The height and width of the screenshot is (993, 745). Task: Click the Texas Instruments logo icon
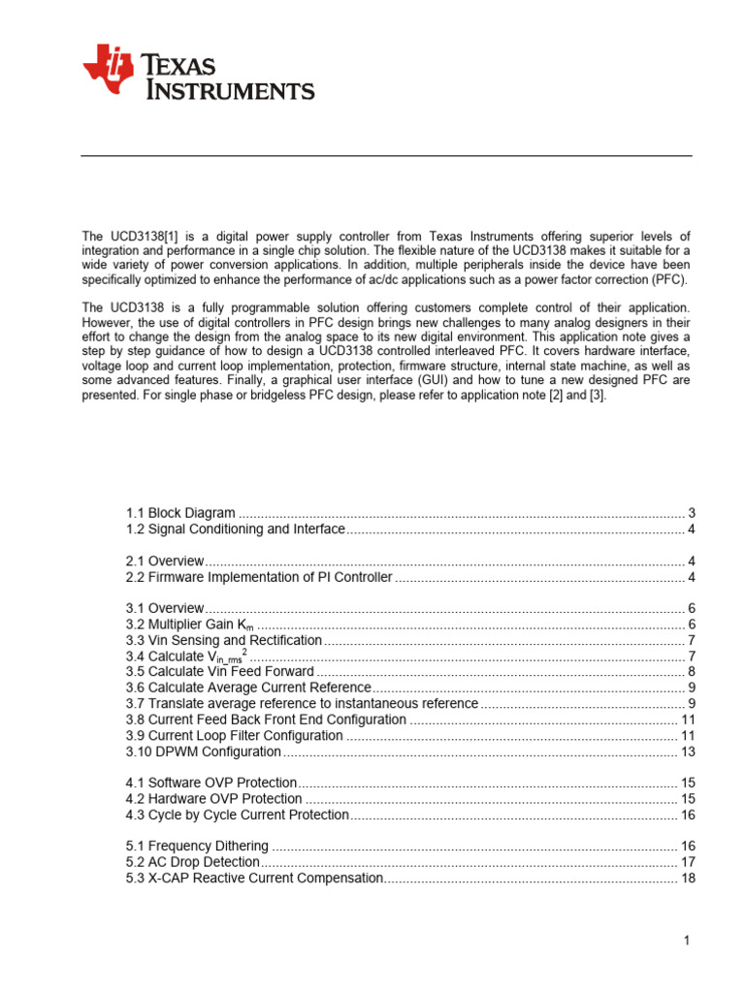click(x=107, y=70)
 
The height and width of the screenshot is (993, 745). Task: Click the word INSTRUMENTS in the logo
click(x=230, y=90)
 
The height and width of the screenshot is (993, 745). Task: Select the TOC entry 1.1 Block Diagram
click(x=180, y=513)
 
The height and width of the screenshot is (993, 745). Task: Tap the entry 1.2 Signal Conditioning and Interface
click(x=236, y=529)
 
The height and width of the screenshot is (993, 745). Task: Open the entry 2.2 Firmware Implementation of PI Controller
click(x=259, y=577)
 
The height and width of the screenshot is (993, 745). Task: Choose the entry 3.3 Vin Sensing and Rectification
click(x=223, y=640)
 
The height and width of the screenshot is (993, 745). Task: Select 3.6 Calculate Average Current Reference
click(x=248, y=688)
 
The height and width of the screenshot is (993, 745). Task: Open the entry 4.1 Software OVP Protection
click(x=211, y=783)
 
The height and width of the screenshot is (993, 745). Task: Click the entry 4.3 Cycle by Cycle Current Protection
click(x=237, y=815)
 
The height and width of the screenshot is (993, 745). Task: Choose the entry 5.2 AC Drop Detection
click(x=193, y=862)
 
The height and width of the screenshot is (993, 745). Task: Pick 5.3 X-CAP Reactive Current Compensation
click(x=254, y=878)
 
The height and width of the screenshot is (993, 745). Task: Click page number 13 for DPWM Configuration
click(x=688, y=752)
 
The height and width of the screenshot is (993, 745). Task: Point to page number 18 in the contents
click(x=688, y=878)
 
